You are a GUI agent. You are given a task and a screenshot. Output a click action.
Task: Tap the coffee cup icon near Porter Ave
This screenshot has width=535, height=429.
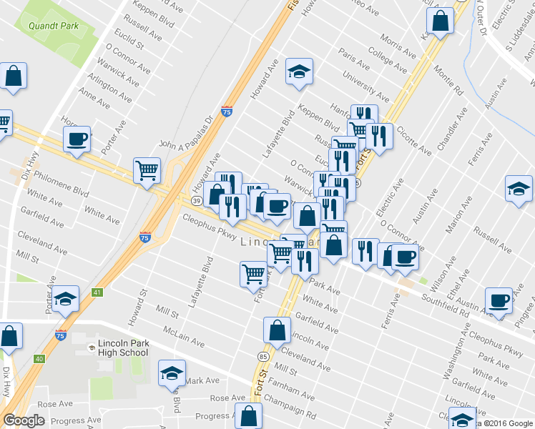(x=77, y=139)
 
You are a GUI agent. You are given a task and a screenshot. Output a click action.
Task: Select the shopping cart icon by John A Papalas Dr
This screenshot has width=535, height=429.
(x=147, y=170)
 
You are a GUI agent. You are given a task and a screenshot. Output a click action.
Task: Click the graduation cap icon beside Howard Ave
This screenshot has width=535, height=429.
(x=300, y=71)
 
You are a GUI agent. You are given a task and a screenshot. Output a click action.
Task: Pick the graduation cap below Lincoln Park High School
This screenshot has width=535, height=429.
(x=172, y=373)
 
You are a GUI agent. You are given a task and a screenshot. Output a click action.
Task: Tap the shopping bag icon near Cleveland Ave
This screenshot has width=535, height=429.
(x=277, y=330)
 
